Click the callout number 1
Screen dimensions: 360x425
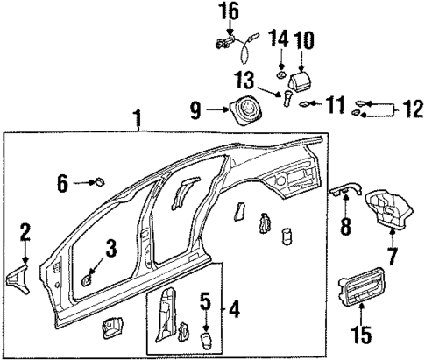tap(137, 116)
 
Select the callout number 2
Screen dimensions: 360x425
tap(25, 232)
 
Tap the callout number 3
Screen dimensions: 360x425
tap(110, 249)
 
